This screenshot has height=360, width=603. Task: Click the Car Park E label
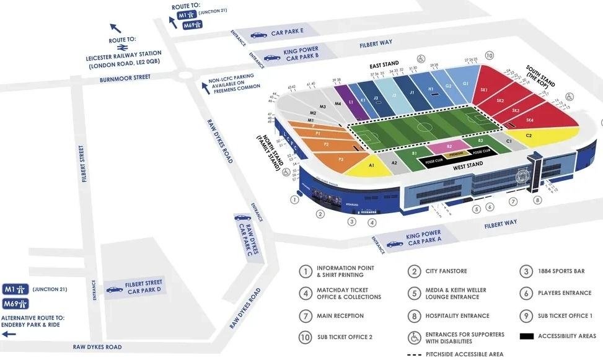click(x=287, y=32)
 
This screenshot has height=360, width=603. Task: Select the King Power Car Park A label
click(x=423, y=238)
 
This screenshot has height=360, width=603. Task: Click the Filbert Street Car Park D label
click(x=143, y=286)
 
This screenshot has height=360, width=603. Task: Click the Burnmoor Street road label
click(x=126, y=77)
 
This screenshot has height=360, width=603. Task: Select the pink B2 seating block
click(x=449, y=146)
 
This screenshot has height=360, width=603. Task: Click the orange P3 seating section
click(x=341, y=159)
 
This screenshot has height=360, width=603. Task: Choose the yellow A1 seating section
click(x=371, y=165)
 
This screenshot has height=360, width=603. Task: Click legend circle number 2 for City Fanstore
click(x=414, y=271)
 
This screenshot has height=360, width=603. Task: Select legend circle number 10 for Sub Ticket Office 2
click(x=305, y=338)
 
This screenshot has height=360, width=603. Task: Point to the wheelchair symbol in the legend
click(x=414, y=338)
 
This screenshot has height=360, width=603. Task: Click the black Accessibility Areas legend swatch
click(x=526, y=336)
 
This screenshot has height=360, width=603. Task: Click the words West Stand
click(x=468, y=165)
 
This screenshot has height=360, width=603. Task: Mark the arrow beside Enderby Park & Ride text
click(x=9, y=334)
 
